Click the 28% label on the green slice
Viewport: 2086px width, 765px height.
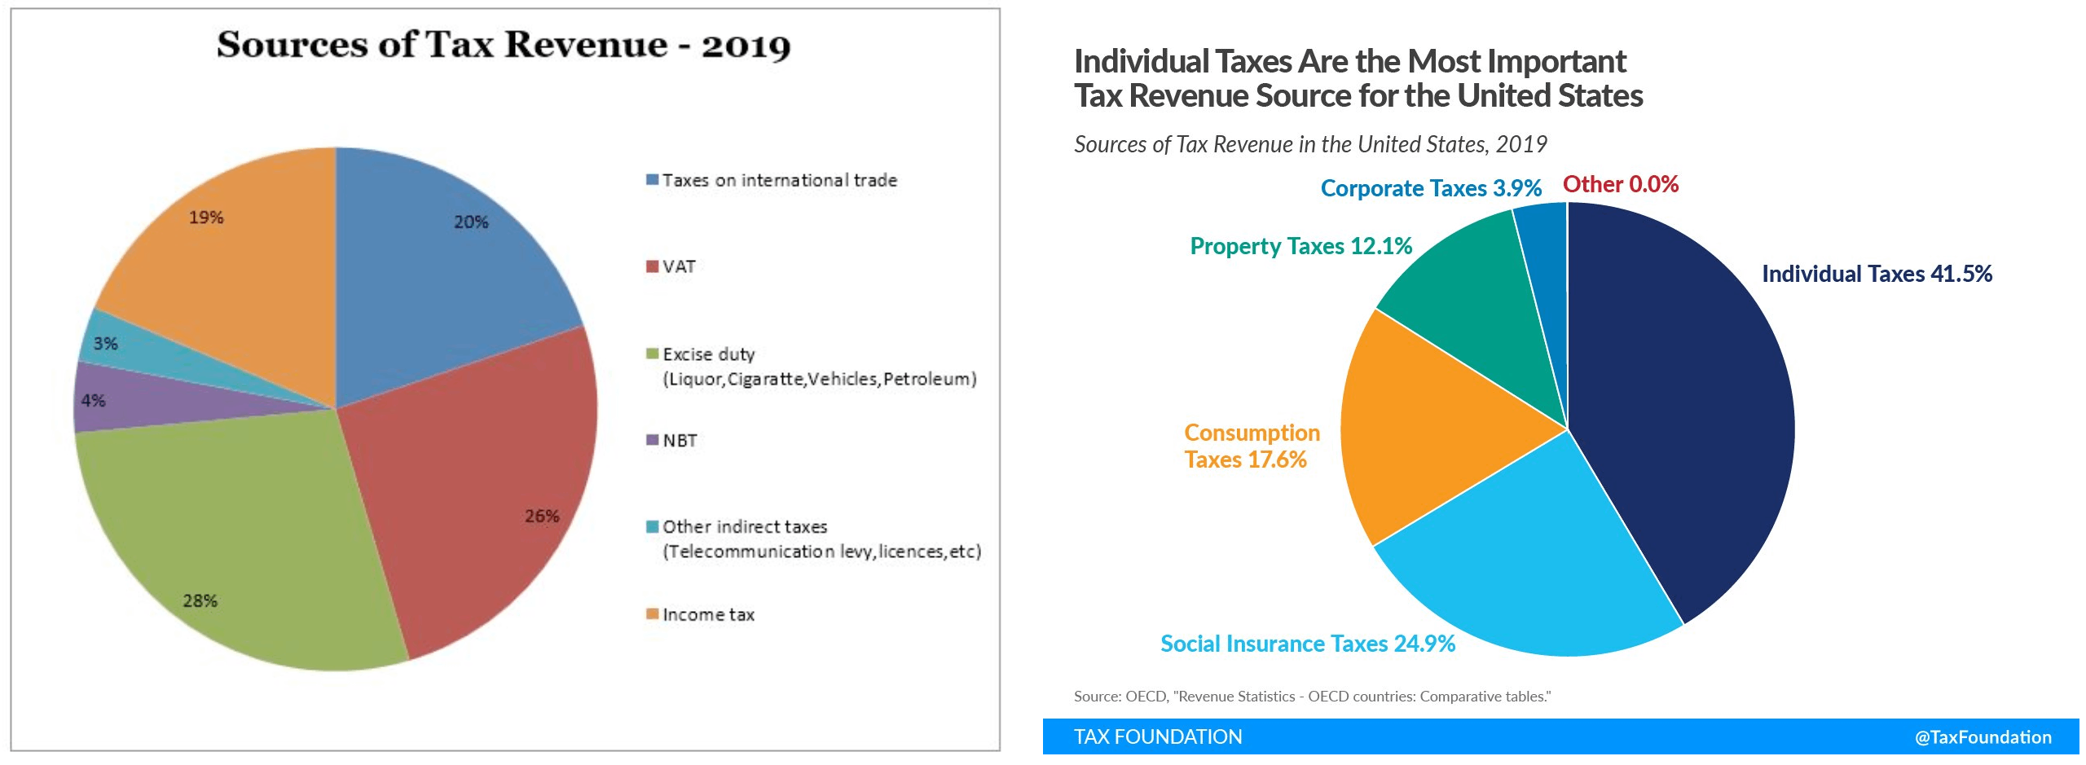[x=200, y=601]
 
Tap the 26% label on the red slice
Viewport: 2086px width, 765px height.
[x=542, y=517]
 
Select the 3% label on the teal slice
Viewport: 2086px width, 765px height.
[x=105, y=344]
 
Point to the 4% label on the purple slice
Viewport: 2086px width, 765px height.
[x=93, y=401]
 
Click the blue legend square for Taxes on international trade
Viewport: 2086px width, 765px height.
[x=652, y=180]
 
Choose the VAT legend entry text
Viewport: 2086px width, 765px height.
[x=679, y=267]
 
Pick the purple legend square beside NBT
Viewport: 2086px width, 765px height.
[x=652, y=440]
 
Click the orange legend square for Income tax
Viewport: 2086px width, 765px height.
[x=652, y=613]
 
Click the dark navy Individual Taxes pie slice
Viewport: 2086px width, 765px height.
[x=1687, y=407]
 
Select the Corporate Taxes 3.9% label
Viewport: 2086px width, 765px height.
[x=1431, y=189]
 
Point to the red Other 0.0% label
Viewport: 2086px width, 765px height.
[x=1620, y=185]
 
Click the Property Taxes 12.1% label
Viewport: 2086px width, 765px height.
[x=1300, y=246]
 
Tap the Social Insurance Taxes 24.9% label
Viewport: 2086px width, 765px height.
[x=1307, y=644]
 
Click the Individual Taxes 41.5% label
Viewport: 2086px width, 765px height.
[x=1877, y=274]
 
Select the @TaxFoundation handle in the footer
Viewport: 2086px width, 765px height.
[x=1983, y=737]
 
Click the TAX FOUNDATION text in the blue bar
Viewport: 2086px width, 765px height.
[x=1157, y=737]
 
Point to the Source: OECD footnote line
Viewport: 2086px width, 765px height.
[x=1312, y=697]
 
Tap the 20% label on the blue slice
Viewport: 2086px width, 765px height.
[x=471, y=222]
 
